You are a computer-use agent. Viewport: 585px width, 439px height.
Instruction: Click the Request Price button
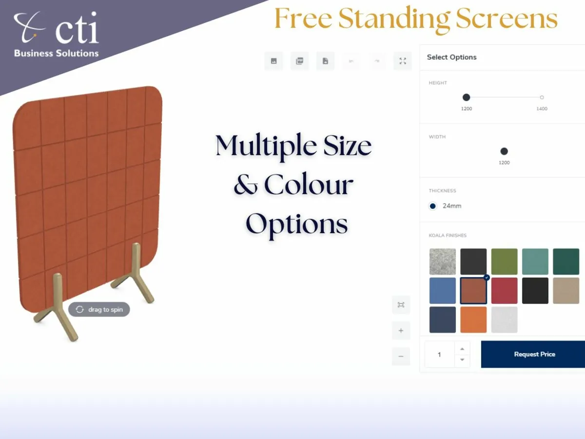coord(534,354)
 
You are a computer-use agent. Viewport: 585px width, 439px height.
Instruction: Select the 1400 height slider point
coord(542,98)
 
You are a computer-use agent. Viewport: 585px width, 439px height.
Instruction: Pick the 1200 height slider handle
coord(466,98)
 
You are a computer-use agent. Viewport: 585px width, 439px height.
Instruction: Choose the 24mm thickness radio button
coord(432,206)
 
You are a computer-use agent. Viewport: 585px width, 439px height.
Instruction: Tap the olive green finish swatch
coord(504,261)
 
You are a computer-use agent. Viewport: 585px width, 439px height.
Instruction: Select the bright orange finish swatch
coord(473,319)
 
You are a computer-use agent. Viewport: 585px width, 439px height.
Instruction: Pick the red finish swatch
coord(504,291)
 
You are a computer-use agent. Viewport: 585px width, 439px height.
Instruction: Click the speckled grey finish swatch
coord(443,261)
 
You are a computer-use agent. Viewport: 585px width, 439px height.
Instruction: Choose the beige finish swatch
coord(566,291)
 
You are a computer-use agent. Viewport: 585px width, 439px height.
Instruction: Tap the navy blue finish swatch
coord(443,319)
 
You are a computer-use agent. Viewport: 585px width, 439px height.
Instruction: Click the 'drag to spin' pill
coord(99,309)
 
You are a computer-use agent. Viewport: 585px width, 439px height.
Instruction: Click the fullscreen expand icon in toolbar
coord(402,61)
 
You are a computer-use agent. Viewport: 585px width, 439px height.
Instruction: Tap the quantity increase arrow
coord(462,348)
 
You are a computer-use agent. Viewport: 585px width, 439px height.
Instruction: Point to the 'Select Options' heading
coord(451,57)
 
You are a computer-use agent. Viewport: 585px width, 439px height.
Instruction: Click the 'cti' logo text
coord(77,29)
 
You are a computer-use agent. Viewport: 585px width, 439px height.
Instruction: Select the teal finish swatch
coord(535,261)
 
